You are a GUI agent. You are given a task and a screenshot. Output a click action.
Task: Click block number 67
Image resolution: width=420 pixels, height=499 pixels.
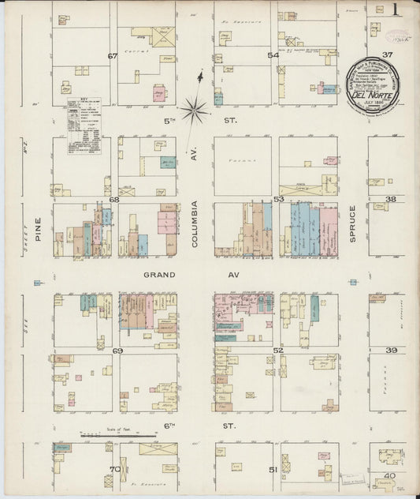[113, 56]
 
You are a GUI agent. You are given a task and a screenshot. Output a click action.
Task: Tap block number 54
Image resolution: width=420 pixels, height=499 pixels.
[273, 55]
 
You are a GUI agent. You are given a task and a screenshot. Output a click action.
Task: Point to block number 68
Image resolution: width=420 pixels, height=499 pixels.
[114, 200]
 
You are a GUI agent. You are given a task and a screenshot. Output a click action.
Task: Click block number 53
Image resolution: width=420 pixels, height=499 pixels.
[278, 200]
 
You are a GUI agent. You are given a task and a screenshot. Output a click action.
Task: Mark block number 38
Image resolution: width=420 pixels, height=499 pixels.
[391, 200]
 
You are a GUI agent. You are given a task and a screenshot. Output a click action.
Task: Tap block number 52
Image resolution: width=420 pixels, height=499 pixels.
[277, 350]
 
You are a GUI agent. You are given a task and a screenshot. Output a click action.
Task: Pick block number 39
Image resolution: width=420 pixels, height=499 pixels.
[391, 350]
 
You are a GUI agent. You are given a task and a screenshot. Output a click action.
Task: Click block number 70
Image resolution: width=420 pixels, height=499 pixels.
[114, 470]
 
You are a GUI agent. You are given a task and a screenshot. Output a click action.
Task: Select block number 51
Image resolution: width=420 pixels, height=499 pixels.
[273, 470]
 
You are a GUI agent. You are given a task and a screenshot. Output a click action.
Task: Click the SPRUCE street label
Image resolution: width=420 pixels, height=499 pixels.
[353, 223]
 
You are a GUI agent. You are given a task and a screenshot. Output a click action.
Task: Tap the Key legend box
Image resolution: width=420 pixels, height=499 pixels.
[84, 124]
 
